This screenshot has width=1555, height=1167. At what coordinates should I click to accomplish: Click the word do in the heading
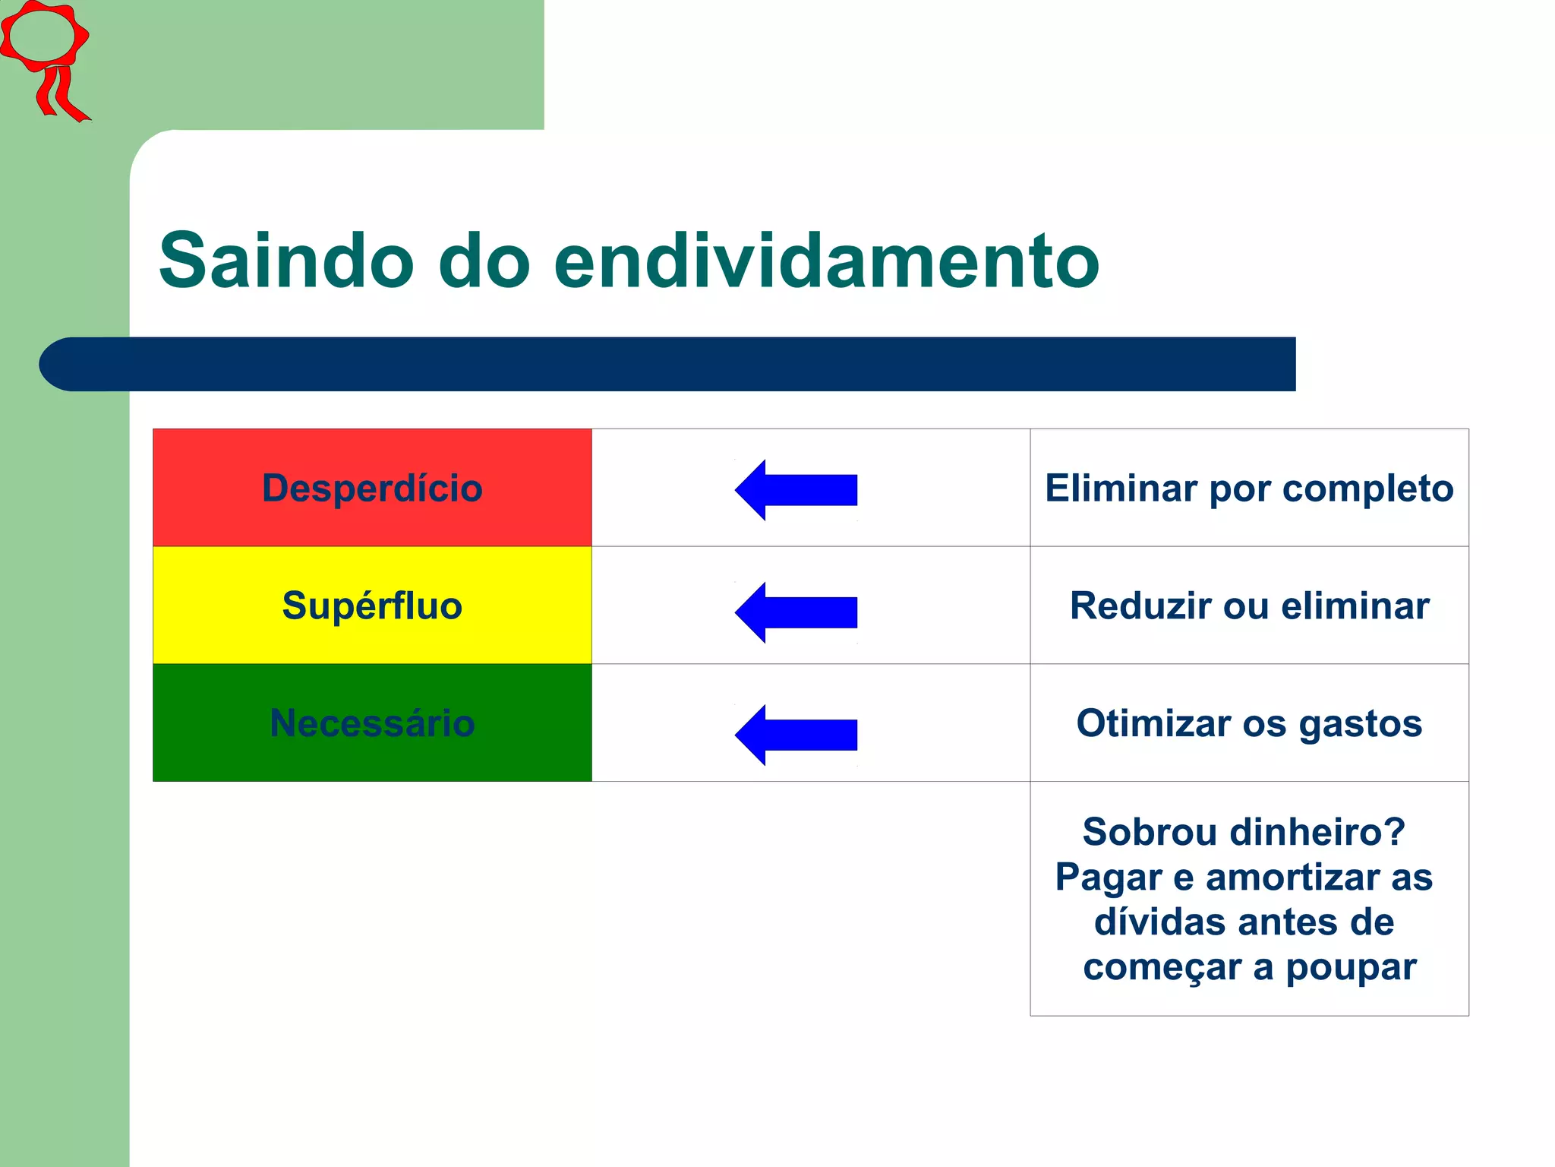coord(484,261)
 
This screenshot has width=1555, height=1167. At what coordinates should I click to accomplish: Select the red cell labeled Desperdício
coord(372,488)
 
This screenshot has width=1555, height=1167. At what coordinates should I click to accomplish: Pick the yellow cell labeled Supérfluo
coord(372,606)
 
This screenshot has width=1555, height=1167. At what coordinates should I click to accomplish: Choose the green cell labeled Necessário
coord(372,723)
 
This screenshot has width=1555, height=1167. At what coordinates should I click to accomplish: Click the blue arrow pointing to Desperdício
coord(796,490)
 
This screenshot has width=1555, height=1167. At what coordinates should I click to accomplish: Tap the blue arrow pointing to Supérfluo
coord(796,612)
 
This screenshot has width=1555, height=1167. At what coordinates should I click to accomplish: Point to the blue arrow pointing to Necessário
coord(796,735)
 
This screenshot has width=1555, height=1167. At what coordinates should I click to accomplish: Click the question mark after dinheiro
coord(1396,832)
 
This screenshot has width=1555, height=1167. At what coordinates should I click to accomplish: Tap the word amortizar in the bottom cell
coord(1294,878)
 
